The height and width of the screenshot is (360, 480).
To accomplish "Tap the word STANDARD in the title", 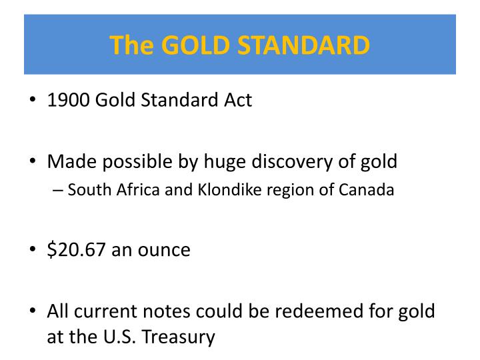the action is (x=304, y=45).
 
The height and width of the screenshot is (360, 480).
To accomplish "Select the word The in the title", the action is (x=131, y=45).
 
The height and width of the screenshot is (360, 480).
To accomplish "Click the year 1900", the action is (x=69, y=100).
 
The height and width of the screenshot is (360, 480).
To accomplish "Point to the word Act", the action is (x=238, y=100).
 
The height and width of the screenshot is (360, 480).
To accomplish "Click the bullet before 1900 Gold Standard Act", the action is (x=33, y=99).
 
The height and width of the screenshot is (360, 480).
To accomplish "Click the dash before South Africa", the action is (x=58, y=191).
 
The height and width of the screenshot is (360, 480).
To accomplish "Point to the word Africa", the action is (x=138, y=190).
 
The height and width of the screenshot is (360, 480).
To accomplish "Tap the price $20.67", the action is (x=77, y=250).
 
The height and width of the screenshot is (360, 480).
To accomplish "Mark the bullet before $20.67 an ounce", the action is (x=33, y=249).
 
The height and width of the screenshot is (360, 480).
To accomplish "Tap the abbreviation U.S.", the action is (x=119, y=337).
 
